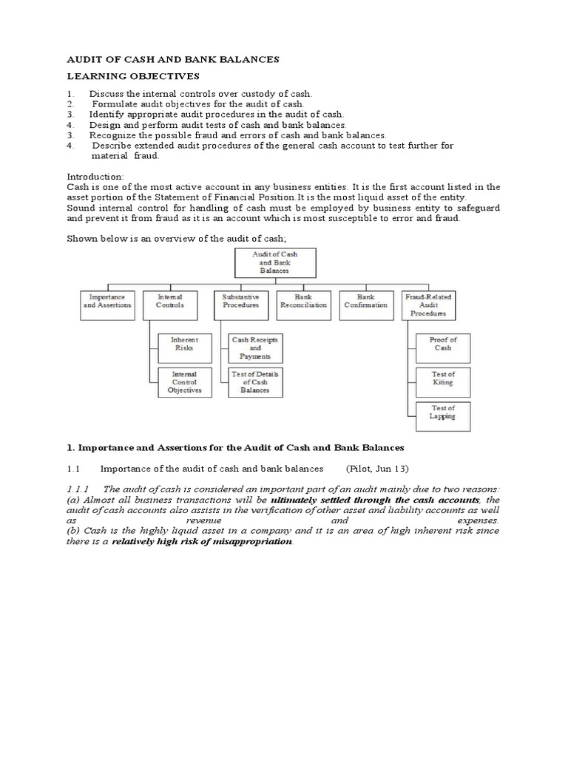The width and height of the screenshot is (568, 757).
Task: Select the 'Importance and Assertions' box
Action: coord(107,305)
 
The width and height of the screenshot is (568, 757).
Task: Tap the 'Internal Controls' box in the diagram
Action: coord(170,305)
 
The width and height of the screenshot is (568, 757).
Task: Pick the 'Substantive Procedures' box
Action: coord(240,305)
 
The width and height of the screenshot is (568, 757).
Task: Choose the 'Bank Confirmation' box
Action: coord(367,305)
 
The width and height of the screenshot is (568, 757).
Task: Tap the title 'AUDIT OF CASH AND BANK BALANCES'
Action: coord(173,59)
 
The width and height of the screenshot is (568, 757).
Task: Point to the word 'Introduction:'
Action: coord(95,177)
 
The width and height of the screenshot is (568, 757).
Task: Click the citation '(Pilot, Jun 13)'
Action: coord(377,469)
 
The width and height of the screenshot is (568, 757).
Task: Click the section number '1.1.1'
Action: coord(78,489)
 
